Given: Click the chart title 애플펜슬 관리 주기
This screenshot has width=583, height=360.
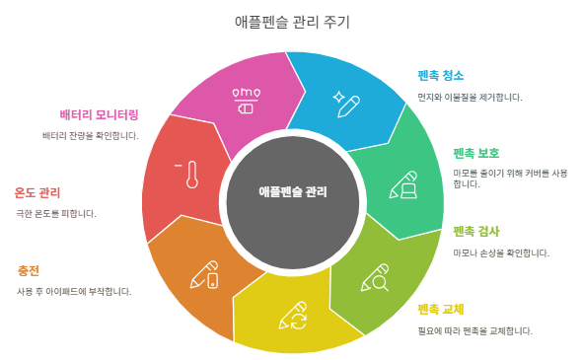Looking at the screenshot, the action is click(x=292, y=22).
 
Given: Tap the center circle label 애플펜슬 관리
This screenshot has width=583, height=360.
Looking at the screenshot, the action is click(x=292, y=192).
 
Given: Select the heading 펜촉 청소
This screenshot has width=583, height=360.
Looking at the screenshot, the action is click(x=440, y=76).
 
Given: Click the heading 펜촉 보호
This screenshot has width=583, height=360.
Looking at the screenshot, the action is click(x=475, y=153).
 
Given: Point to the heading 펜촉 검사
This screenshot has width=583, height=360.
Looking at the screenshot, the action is click(x=475, y=231).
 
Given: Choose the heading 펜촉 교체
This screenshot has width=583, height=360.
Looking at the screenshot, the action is click(x=440, y=309).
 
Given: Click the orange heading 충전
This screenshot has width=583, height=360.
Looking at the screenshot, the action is click(x=29, y=270).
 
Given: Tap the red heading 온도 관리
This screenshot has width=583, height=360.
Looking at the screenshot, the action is click(x=37, y=192).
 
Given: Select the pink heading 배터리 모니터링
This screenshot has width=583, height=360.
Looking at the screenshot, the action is click(x=99, y=114).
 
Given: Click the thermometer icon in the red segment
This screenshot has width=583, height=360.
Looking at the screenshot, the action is click(x=190, y=175).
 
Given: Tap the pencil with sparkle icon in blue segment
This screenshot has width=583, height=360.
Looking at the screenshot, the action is click(x=346, y=103).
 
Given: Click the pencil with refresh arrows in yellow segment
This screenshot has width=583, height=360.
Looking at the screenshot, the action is click(x=294, y=316).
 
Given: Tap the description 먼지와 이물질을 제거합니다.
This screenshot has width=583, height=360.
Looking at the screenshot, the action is click(x=470, y=97).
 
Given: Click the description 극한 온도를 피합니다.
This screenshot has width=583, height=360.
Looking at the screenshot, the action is click(x=56, y=213).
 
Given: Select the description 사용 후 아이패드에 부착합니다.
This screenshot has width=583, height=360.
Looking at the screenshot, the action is click(x=74, y=291).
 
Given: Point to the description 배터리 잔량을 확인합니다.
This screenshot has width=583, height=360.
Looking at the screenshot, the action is click(x=91, y=135).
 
